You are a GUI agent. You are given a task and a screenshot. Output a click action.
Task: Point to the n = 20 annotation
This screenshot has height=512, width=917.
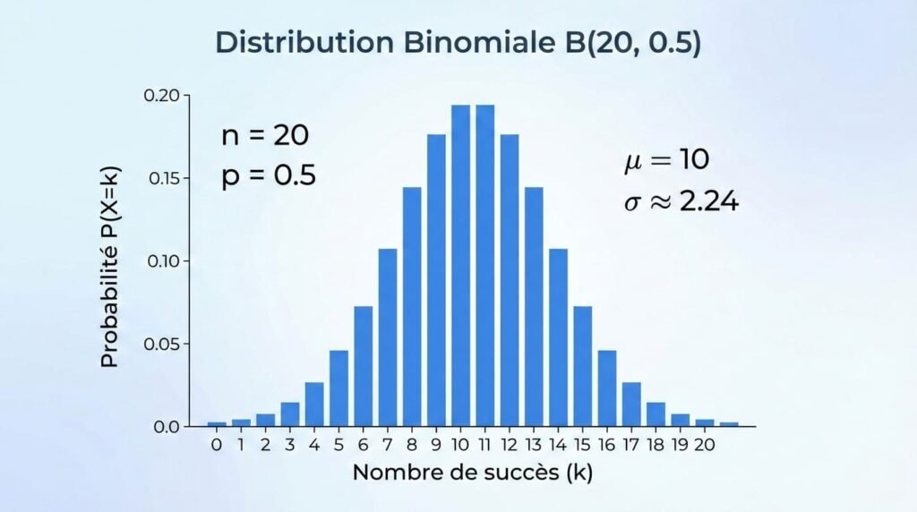tap(264, 136)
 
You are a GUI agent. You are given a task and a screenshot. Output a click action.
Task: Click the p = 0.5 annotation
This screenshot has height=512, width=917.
tap(269, 175)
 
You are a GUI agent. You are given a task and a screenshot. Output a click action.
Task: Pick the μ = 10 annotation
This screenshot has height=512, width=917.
tap(666, 160)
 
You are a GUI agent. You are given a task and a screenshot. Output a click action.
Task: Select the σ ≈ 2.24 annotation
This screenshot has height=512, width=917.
tap(681, 202)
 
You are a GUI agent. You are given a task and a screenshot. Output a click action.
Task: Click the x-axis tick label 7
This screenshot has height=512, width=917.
tap(388, 443)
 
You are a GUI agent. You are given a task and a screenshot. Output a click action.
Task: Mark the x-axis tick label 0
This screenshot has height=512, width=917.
tap(216, 443)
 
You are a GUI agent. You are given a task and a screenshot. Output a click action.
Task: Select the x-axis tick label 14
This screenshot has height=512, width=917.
tap(558, 443)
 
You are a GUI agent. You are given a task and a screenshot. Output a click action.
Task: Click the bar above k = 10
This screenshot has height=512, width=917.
tap(460, 269)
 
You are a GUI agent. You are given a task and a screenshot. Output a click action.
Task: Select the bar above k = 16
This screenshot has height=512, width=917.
tap(607, 388)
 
